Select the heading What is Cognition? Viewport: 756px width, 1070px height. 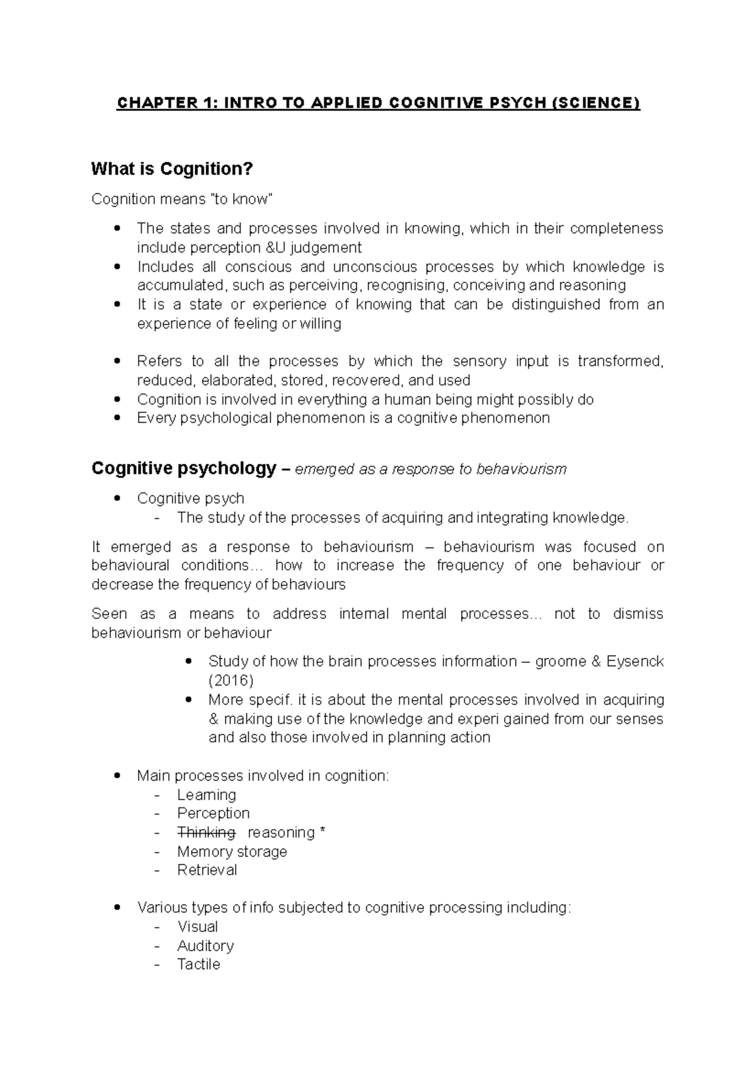(172, 169)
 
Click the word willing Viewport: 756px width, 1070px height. (320, 324)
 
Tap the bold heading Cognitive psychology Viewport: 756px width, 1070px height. (183, 469)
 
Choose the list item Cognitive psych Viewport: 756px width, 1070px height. (190, 498)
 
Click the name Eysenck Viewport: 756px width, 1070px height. (634, 662)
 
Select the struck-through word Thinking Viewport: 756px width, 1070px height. (206, 832)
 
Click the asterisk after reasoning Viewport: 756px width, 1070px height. (323, 832)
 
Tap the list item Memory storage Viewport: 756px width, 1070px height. (232, 851)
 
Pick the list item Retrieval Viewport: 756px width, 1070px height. (207, 870)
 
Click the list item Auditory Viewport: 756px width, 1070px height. (205, 946)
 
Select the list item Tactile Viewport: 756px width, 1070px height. (198, 965)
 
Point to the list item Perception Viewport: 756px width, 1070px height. (213, 814)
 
